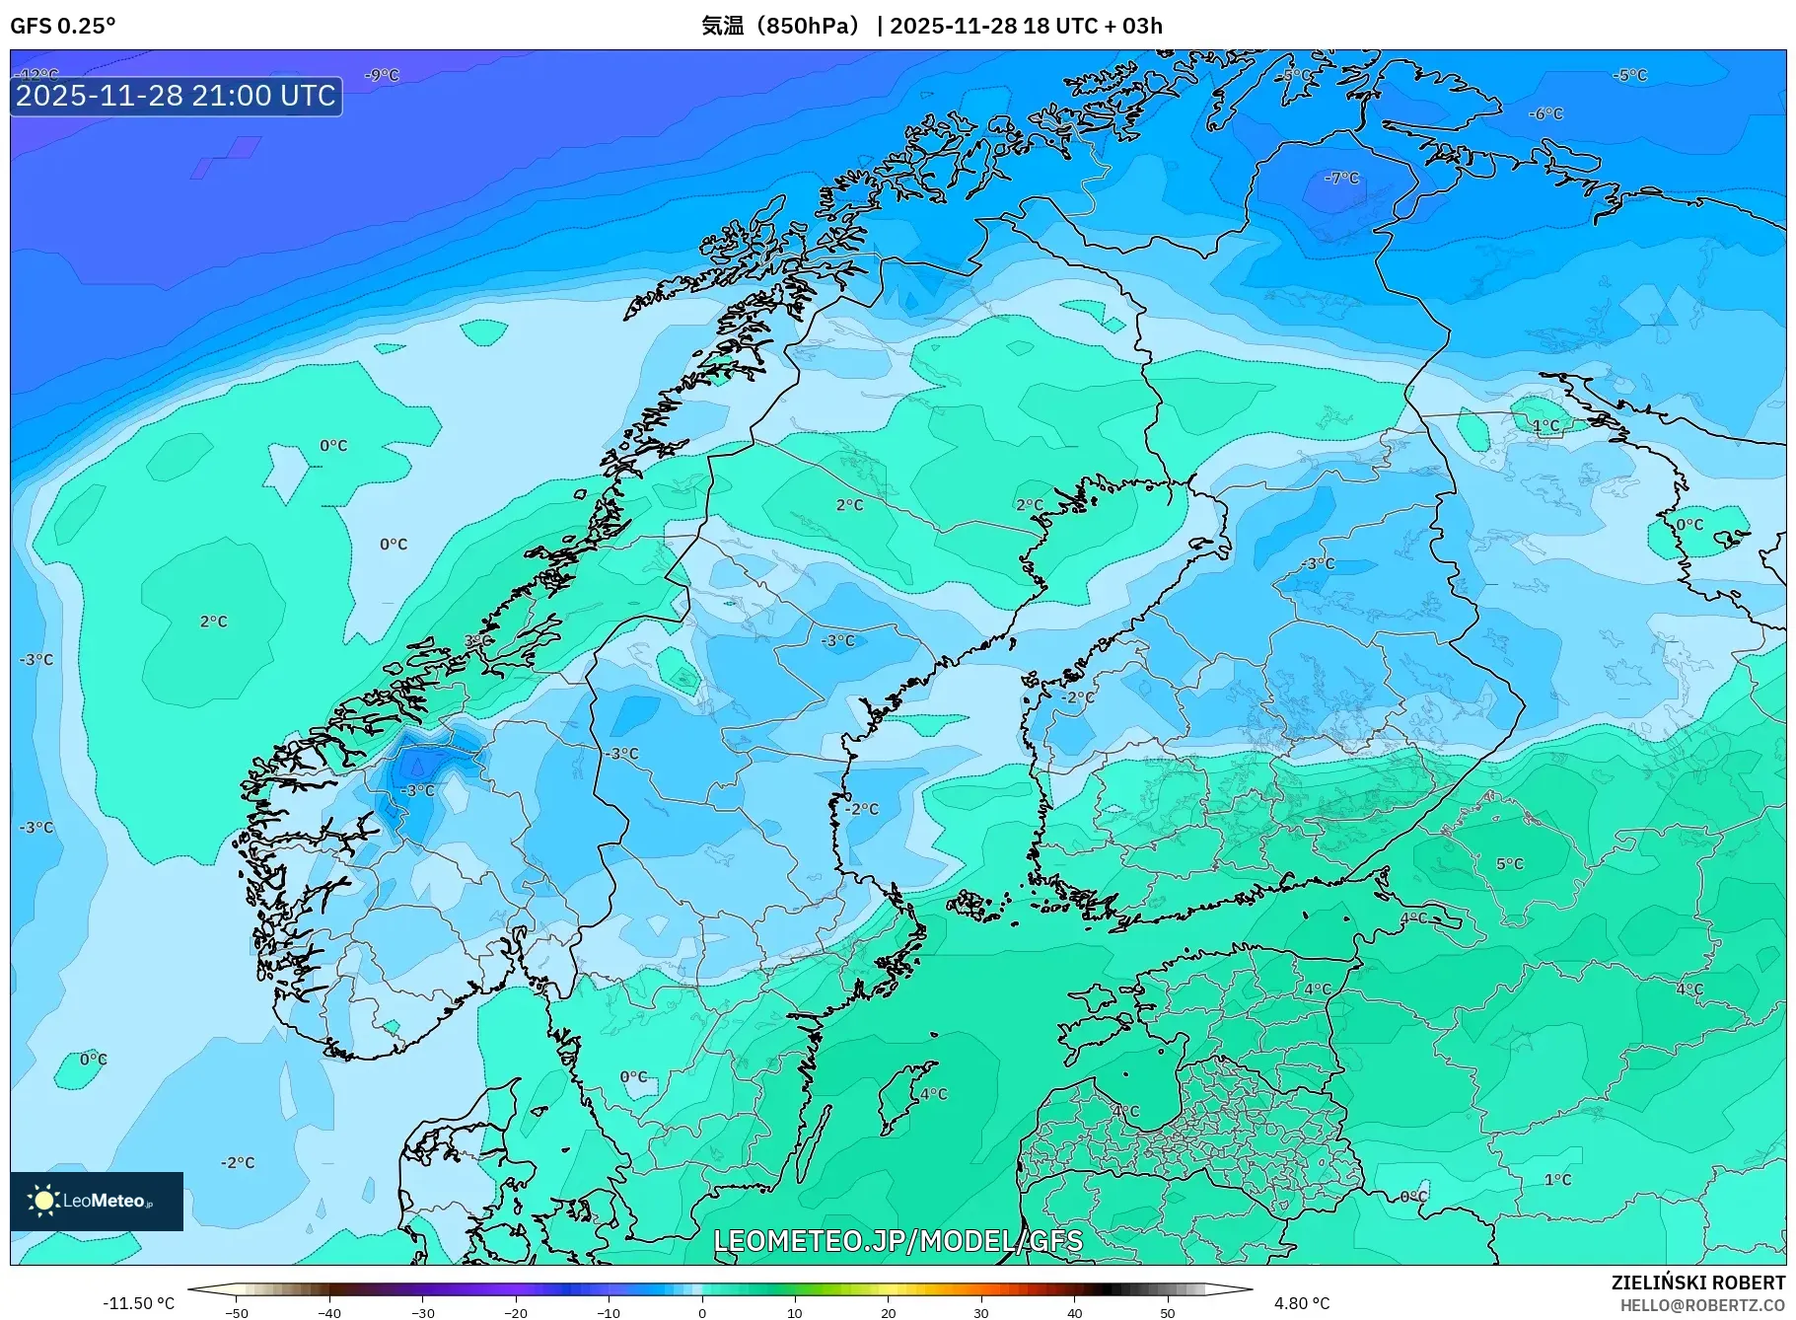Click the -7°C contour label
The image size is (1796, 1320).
tap(1342, 179)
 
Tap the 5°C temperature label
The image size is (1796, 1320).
tap(1510, 864)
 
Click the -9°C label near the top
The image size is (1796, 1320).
tap(382, 75)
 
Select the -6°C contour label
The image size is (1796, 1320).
tap(1546, 114)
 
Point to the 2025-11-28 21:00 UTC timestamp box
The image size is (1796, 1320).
tap(176, 96)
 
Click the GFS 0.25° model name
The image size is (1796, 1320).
tap(62, 26)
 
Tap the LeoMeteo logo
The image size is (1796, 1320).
tap(97, 1201)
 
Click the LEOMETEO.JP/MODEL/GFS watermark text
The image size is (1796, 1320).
tap(898, 1240)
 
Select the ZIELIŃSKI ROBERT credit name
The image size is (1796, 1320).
tap(1697, 1283)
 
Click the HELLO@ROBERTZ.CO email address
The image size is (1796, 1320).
tap(1702, 1305)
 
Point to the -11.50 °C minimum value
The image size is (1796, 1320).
tap(138, 1303)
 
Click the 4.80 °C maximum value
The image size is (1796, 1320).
tap(1302, 1303)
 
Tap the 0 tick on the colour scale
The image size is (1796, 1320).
tap(702, 1313)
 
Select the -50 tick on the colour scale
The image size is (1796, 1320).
tap(237, 1313)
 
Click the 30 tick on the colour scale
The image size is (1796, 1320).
tap(981, 1313)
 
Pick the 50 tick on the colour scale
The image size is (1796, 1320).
tap(1168, 1313)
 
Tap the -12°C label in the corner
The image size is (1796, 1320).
tap(39, 75)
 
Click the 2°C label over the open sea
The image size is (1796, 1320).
tap(213, 622)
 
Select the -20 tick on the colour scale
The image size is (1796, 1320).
tap(516, 1313)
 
